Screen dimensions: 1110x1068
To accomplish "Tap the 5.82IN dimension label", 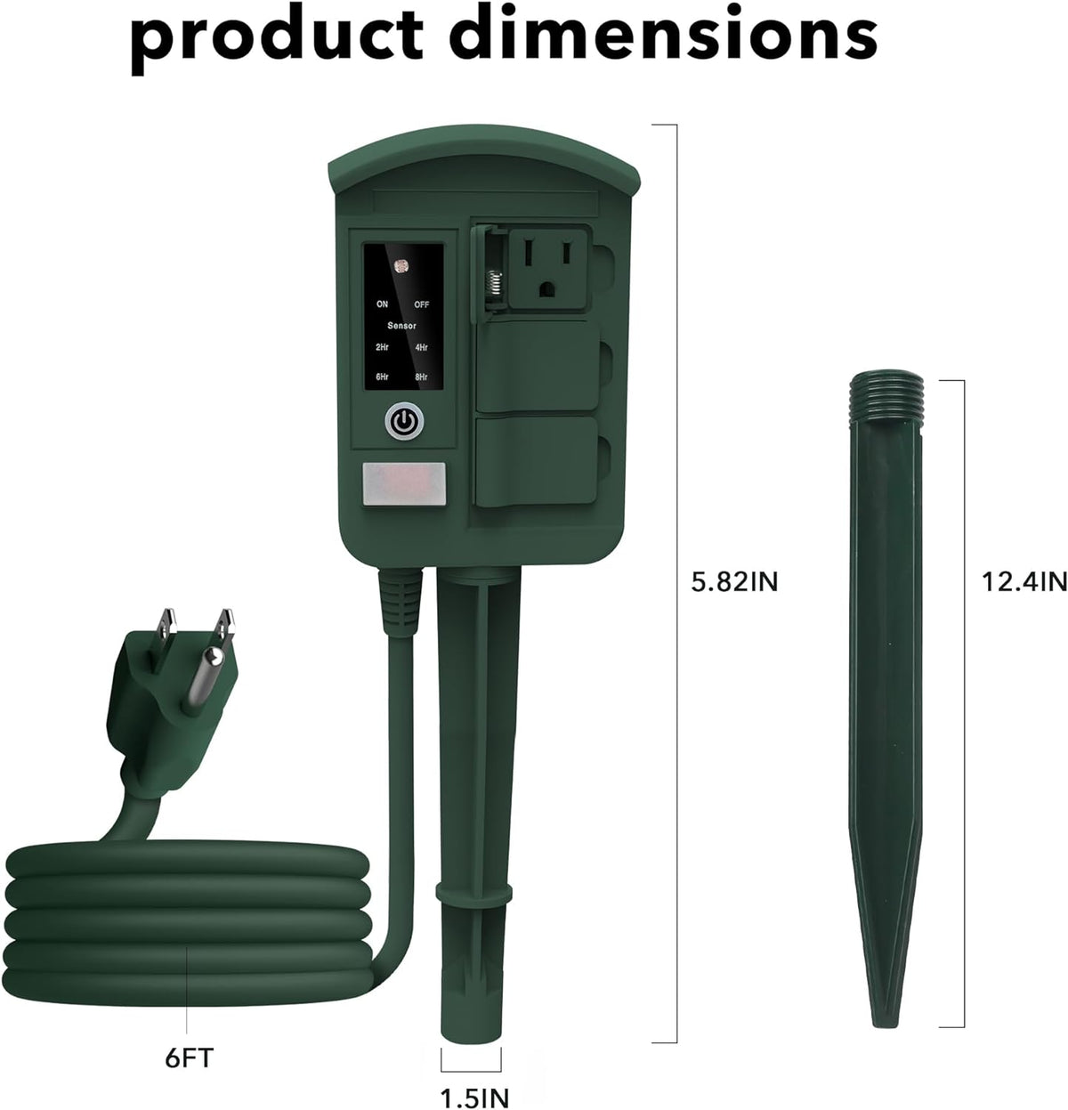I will pyautogui.click(x=735, y=582).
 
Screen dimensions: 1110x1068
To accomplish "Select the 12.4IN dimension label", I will pyautogui.click(x=1023, y=582).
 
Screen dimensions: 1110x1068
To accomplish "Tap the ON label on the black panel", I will pyautogui.click(x=382, y=304).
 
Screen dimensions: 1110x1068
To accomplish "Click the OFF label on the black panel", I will pyautogui.click(x=422, y=304).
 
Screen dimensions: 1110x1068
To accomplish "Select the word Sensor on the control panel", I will pyautogui.click(x=401, y=326).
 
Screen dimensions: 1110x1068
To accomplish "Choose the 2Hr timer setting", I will pyautogui.click(x=382, y=348).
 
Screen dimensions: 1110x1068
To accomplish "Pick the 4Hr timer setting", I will pyautogui.click(x=422, y=348).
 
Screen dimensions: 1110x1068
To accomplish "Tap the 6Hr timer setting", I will pyautogui.click(x=382, y=377).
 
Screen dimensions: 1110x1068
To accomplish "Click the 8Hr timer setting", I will pyautogui.click(x=422, y=377).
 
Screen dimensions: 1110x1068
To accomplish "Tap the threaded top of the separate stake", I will pyautogui.click(x=887, y=392).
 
